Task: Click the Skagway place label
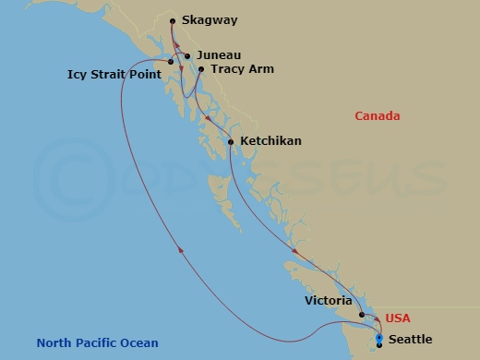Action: pos(209,19)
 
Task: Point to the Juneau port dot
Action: pos(187,56)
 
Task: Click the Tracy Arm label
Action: pos(242,69)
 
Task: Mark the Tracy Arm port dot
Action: pos(201,68)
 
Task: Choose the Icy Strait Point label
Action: pos(114,73)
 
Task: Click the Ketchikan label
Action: pos(270,142)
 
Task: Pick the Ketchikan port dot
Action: pos(231,142)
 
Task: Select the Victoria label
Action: pos(328,301)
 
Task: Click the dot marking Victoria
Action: pos(362,315)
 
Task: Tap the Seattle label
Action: pos(410,340)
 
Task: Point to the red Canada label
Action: pos(378,116)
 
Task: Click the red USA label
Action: pos(398,318)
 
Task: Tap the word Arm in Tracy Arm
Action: pos(261,69)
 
